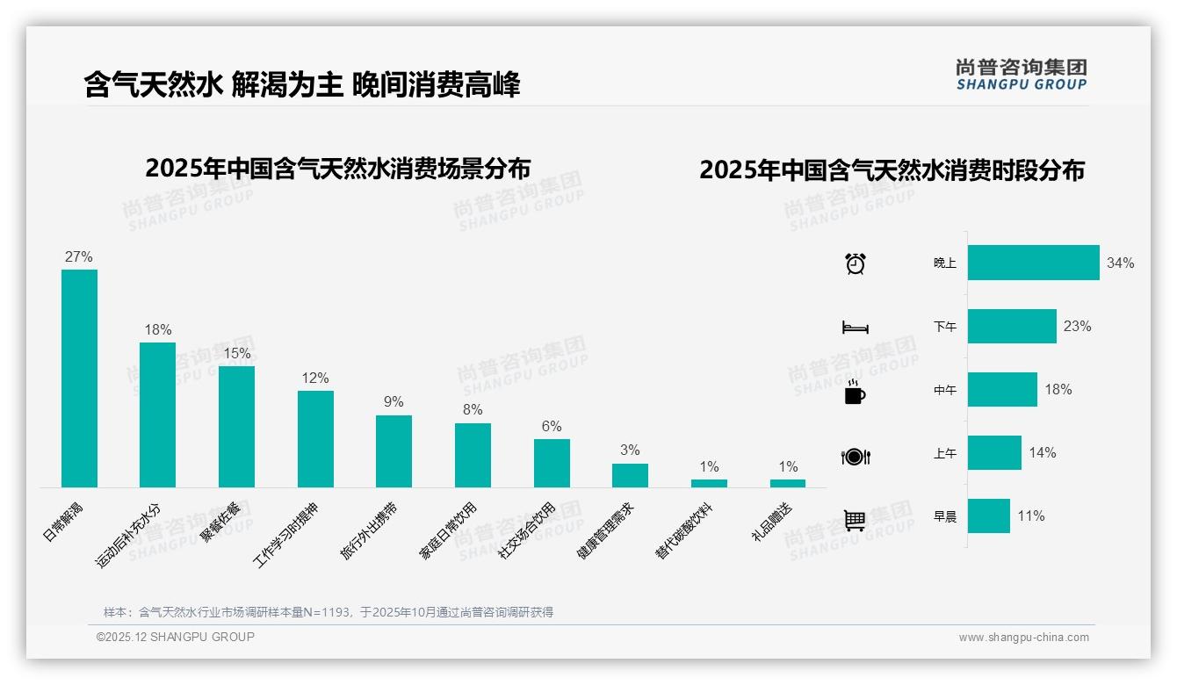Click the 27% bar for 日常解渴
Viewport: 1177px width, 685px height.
pos(79,378)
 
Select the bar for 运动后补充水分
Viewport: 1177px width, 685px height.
pos(157,415)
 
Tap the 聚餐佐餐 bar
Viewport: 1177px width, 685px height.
pos(236,426)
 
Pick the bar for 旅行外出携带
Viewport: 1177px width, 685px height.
pos(394,451)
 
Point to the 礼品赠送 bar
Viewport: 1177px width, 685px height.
pos(788,483)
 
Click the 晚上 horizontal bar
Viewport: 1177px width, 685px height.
pos(1033,263)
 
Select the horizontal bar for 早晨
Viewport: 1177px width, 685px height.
pos(988,516)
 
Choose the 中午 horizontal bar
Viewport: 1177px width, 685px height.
pos(1002,390)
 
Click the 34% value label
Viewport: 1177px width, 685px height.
pos(1121,263)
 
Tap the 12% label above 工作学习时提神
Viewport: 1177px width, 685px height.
pos(314,379)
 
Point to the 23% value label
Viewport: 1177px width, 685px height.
pos(1078,327)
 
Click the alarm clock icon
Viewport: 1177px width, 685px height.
pos(855,263)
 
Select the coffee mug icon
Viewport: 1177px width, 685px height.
pos(855,393)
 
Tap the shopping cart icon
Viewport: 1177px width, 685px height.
pos(855,520)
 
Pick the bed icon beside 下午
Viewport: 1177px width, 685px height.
pos(855,328)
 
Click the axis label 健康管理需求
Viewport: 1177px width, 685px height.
pos(605,532)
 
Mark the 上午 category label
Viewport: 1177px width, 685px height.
pos(945,453)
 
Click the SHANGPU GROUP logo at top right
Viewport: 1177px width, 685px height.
pos(1022,75)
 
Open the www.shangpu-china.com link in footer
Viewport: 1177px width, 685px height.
pos(1023,638)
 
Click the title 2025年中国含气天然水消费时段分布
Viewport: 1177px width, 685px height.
pos(892,170)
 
